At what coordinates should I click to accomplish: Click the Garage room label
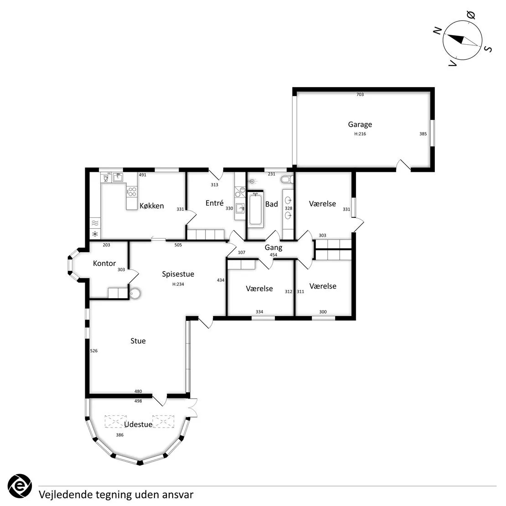(x=360, y=124)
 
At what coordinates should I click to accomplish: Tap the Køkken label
(x=152, y=206)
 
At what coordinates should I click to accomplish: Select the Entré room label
(x=215, y=203)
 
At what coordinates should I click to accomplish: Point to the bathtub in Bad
(x=255, y=208)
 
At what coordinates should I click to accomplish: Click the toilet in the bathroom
(x=287, y=179)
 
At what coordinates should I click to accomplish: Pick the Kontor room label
(x=104, y=263)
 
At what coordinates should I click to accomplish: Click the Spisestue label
(x=178, y=274)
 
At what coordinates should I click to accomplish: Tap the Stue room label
(x=138, y=341)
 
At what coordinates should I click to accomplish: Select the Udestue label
(x=138, y=424)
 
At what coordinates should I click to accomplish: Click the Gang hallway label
(x=274, y=248)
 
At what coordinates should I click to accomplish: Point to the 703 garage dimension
(x=360, y=94)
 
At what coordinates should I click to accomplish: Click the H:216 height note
(x=360, y=134)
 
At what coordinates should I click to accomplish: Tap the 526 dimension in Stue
(x=94, y=351)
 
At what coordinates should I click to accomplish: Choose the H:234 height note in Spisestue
(x=178, y=284)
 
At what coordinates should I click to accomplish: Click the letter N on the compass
(x=437, y=31)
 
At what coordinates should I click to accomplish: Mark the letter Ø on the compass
(x=471, y=15)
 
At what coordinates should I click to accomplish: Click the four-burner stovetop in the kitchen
(x=132, y=191)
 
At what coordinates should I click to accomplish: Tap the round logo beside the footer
(x=20, y=486)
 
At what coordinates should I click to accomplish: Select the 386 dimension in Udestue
(x=120, y=435)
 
